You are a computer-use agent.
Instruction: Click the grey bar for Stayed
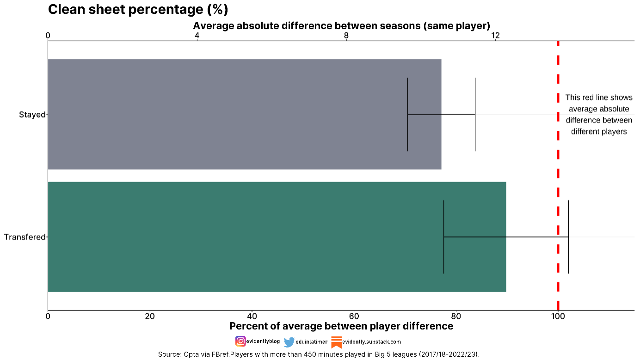[x=231, y=114]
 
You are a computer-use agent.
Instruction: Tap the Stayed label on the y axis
[x=32, y=115]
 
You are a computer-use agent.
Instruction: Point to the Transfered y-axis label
[x=25, y=237]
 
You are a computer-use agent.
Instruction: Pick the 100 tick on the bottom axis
[x=558, y=317]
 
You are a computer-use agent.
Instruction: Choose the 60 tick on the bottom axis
[x=354, y=317]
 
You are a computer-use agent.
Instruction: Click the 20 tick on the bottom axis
[x=150, y=317]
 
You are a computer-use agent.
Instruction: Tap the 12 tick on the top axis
[x=495, y=36]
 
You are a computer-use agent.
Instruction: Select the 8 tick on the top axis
[x=346, y=36]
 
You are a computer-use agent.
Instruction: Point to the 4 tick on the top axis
[x=197, y=36]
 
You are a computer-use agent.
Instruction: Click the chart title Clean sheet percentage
[x=138, y=10]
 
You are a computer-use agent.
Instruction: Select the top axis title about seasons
[x=341, y=25]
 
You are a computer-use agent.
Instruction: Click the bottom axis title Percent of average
[x=341, y=326]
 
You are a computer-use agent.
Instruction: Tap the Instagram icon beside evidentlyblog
[x=240, y=342]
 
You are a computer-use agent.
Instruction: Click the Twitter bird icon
[x=289, y=342]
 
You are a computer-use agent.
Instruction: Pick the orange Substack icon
[x=336, y=342]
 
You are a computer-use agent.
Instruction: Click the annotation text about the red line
[x=599, y=115]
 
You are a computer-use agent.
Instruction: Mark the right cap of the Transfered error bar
[x=568, y=237]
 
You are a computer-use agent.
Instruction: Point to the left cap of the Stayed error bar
[x=407, y=114]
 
